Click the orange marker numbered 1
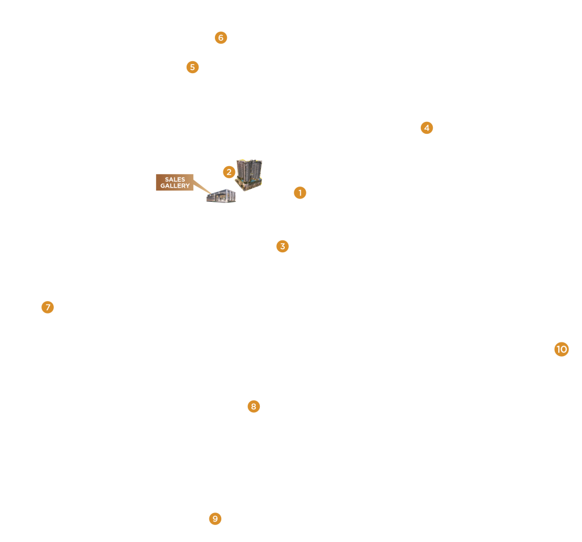pos(300,193)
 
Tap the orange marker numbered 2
pos(229,172)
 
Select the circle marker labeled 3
pos(282,246)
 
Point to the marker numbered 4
pos(427,128)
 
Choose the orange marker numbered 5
pos(192,67)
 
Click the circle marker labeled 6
pos(221,38)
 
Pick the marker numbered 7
pos(48,307)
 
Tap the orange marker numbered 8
pos(254,406)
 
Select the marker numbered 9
pos(215,519)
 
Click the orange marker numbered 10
pos(562,349)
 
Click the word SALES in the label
pos(175,179)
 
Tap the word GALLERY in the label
pos(175,186)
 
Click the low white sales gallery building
pos(221,196)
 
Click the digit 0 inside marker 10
pos(564,349)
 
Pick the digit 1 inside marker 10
pos(558,349)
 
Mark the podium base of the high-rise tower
pos(248,186)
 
